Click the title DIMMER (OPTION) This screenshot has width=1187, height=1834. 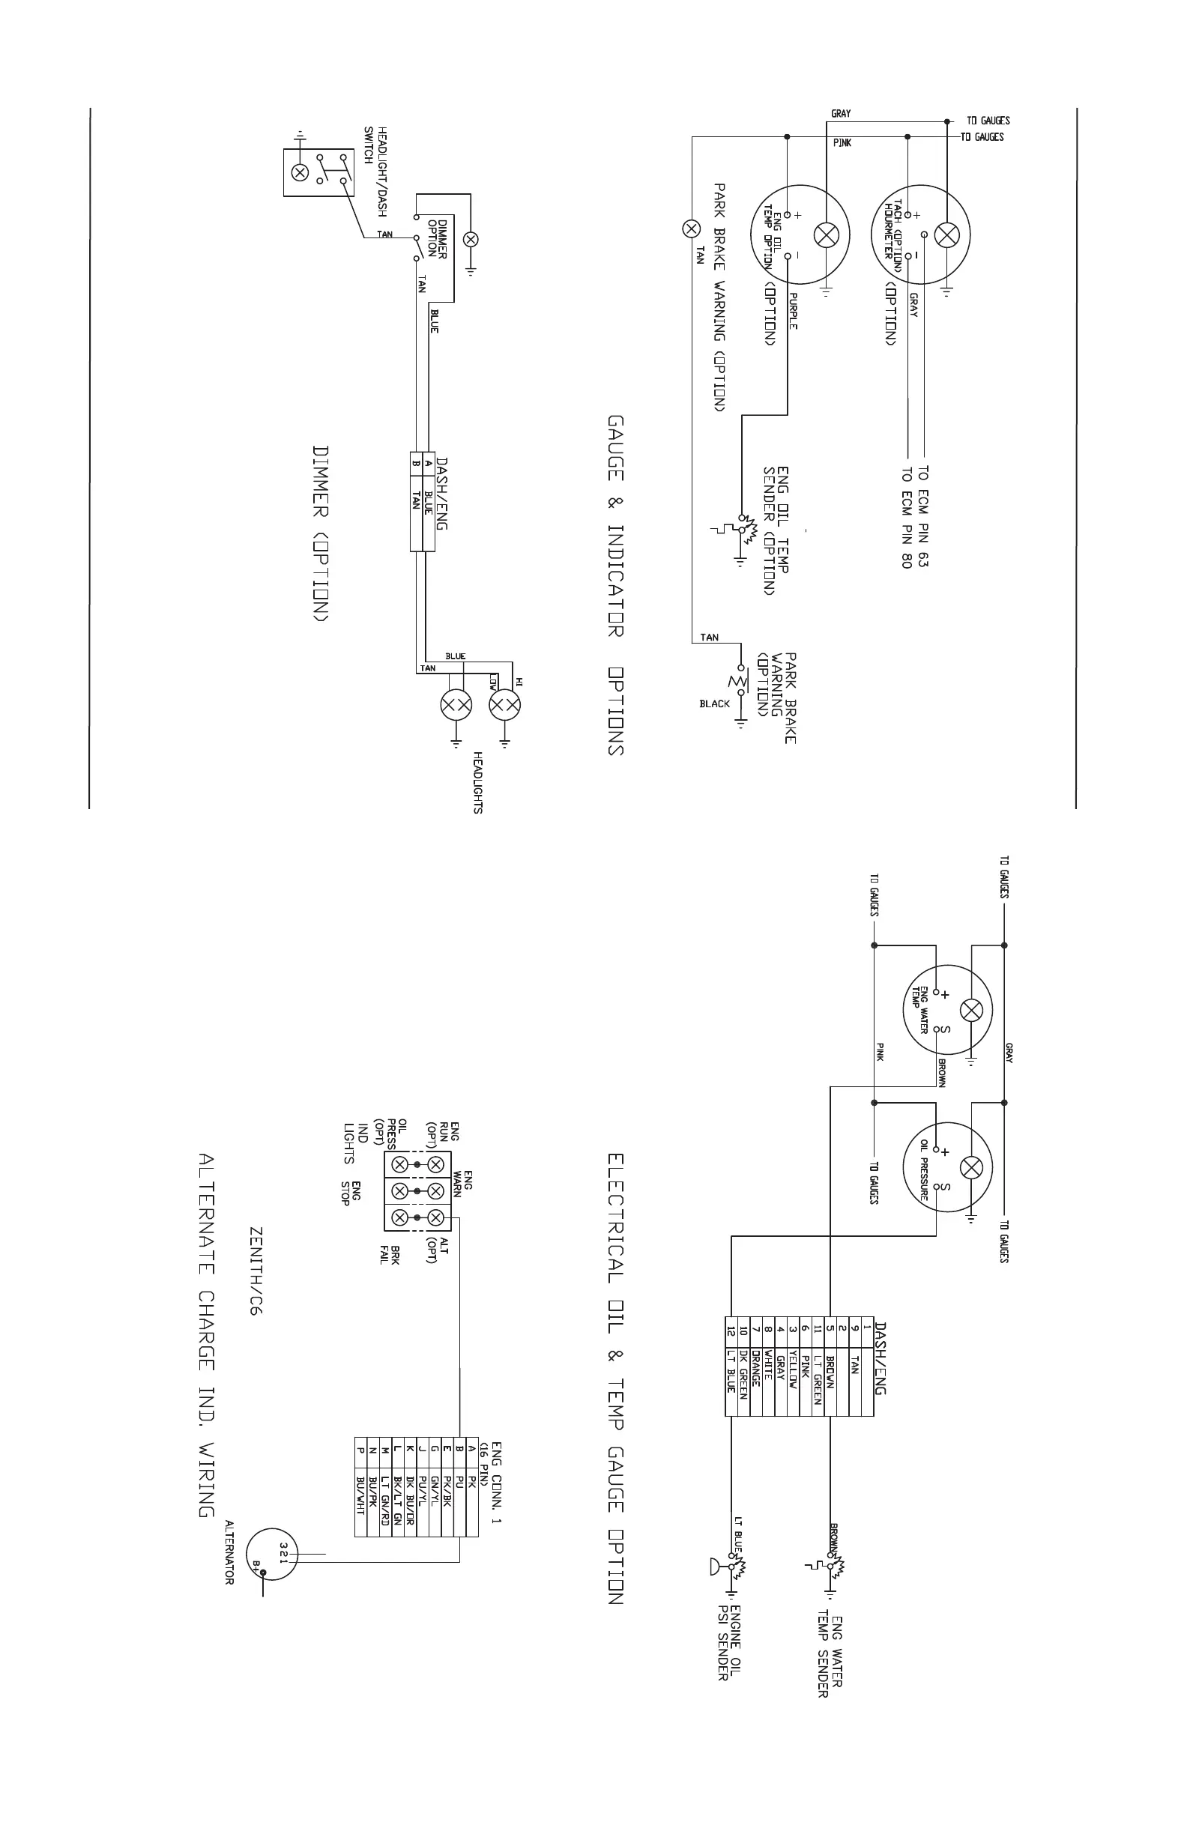[x=321, y=533]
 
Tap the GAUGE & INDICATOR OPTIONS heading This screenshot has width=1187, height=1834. [x=615, y=586]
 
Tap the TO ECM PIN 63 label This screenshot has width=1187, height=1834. [x=923, y=516]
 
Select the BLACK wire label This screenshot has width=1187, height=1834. [x=714, y=703]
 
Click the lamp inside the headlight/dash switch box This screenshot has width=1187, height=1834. [x=299, y=172]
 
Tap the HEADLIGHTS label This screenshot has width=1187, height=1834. [x=478, y=783]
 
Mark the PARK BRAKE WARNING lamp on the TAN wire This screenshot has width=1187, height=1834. [x=692, y=228]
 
